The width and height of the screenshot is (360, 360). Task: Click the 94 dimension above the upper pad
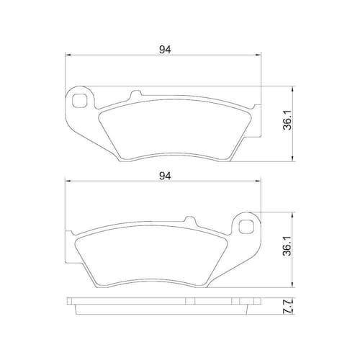point(166,50)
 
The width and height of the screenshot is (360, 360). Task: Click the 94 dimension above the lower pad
point(166,176)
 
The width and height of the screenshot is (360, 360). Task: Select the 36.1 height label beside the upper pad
point(287,120)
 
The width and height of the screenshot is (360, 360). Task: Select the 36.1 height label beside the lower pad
point(287,246)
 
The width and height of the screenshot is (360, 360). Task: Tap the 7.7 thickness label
point(287,306)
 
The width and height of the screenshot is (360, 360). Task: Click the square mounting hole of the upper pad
point(79,101)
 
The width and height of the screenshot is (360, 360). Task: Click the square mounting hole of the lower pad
point(246,226)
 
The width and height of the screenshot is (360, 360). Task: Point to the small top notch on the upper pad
point(135,94)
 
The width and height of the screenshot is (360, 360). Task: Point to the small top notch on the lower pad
point(190,220)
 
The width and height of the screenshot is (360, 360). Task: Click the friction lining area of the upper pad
point(175,130)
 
